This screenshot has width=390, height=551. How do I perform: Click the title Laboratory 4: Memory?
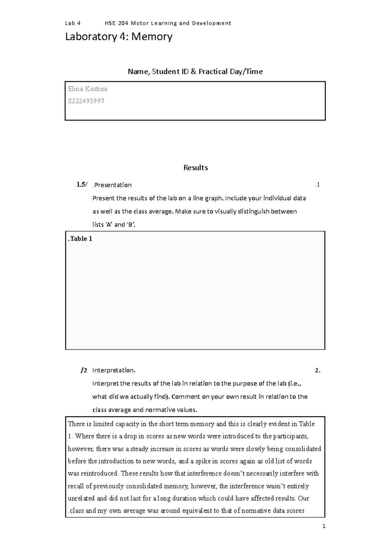pos(119,37)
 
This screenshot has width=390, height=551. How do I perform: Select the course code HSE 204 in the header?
pos(116,23)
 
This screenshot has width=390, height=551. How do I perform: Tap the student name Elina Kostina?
pos(87,89)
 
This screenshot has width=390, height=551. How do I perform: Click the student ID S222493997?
pos(86,101)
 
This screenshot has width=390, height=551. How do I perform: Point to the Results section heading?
pos(195,168)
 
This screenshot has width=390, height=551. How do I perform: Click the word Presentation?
pos(113,185)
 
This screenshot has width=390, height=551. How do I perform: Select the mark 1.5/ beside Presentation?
pos(82,185)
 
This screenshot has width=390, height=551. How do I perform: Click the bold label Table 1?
pos(80,239)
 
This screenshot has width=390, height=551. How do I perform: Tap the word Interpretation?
pos(114,370)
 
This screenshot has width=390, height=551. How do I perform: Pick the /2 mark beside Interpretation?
pos(84,370)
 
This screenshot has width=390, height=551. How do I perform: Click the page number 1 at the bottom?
pos(324,526)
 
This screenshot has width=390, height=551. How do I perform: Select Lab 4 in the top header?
pos(73,23)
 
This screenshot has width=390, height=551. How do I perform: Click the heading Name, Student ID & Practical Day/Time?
pos(195,71)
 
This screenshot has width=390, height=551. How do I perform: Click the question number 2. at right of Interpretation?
pos(318,370)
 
